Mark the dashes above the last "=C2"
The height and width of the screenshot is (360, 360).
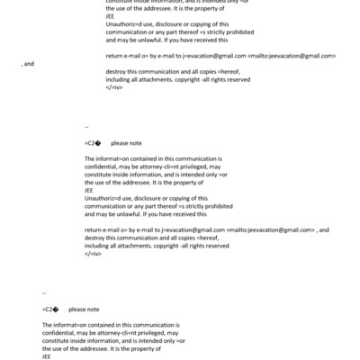(x=44, y=293)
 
